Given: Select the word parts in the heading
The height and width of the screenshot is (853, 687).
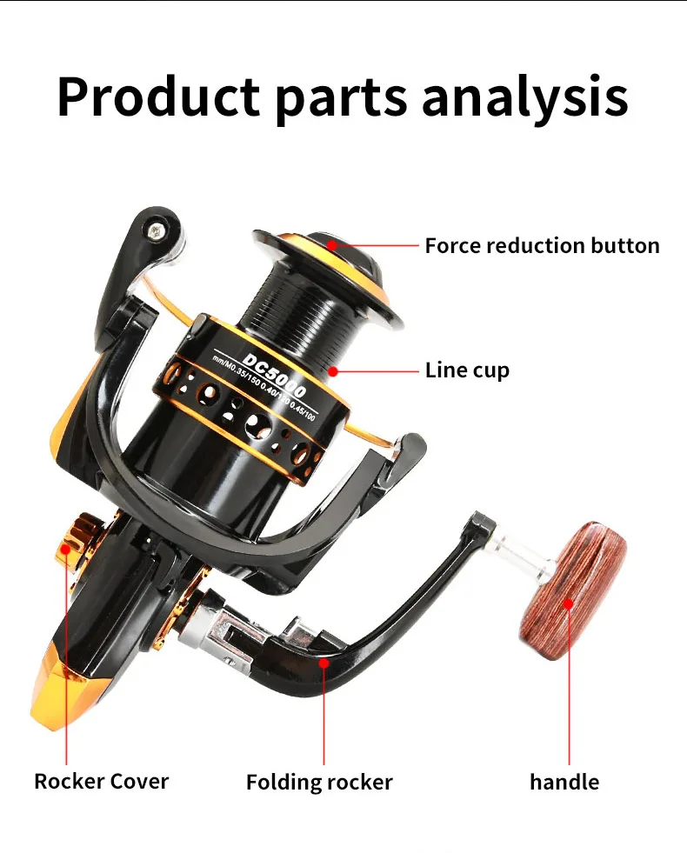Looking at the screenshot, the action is tap(343, 97).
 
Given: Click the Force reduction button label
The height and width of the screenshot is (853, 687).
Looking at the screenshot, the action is tap(542, 245).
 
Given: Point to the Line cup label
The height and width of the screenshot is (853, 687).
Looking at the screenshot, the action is tap(467, 370).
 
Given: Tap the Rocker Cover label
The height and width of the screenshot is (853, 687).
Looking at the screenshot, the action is tap(101, 781).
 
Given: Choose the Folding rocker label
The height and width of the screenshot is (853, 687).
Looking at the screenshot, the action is tap(319, 782).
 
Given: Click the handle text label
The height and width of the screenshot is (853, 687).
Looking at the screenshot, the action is tap(564, 782).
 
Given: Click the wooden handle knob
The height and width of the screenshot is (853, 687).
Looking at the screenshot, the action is tap(572, 581).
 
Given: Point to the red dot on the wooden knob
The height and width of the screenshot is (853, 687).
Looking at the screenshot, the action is tap(569, 603).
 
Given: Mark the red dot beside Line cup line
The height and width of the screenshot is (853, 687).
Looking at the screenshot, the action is tap(333, 371).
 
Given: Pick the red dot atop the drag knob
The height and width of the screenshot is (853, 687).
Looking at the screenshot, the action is tap(332, 245).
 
